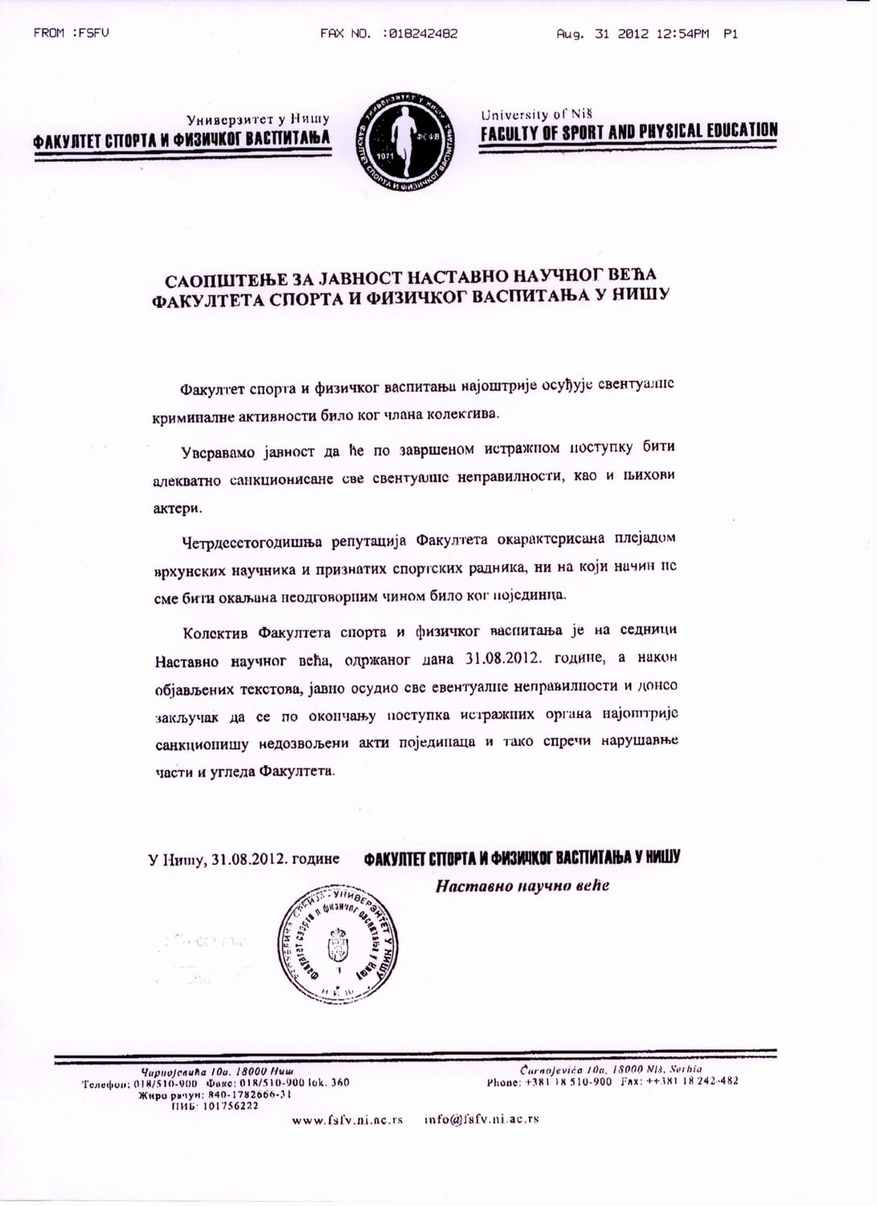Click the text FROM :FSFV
(71, 34)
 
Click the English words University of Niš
(536, 114)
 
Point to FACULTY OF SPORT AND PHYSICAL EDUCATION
(629, 131)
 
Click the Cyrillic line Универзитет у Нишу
(257, 119)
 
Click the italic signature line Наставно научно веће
(523, 886)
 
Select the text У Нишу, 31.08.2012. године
(244, 859)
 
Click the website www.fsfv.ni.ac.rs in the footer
(347, 1119)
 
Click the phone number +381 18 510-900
(568, 1081)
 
